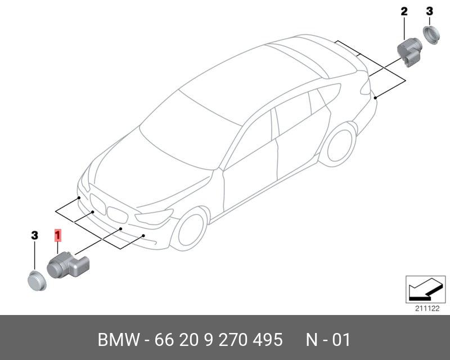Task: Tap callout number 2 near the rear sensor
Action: click(x=404, y=11)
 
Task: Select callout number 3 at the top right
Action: click(x=429, y=11)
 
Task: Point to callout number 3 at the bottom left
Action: click(x=34, y=236)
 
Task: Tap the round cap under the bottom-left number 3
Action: click(x=37, y=279)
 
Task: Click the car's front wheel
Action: click(x=189, y=230)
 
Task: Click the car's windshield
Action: click(x=186, y=132)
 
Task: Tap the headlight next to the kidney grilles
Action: click(x=154, y=217)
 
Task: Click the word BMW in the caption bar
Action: click(x=118, y=340)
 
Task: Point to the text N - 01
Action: click(x=328, y=340)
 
